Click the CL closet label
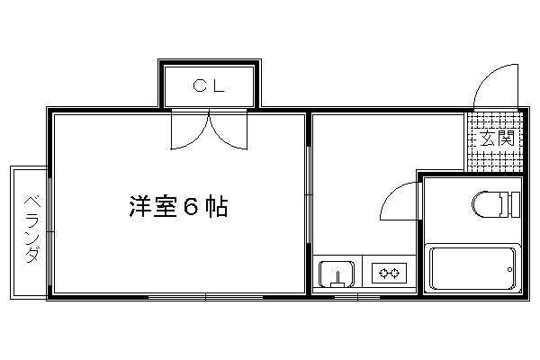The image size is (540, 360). pos(209,85)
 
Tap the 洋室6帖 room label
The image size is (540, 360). pos(178,207)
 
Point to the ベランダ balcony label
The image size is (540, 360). pos(32,230)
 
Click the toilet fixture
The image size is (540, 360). pos(496,204)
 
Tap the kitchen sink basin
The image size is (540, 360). pos(337,274)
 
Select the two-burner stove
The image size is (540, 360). pos(389,274)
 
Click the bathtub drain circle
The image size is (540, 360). pos(509,270)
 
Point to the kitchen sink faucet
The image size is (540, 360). pos(337,280)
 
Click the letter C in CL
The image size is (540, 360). pos(199,85)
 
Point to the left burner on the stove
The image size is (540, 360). pos(383,274)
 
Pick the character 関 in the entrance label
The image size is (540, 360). pos(506,138)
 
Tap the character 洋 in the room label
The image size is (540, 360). pos(140,207)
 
